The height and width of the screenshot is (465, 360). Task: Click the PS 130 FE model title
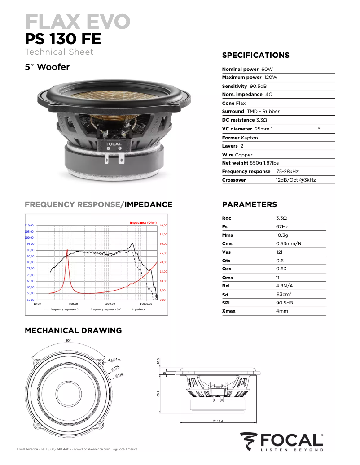[63, 39]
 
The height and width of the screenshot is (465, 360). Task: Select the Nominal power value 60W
[267, 69]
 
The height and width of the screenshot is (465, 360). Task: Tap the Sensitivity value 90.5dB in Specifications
[258, 86]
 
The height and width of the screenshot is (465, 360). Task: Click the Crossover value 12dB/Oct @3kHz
[295, 180]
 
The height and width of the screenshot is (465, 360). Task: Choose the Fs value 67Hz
[282, 226]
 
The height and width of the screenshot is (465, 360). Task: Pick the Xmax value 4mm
[282, 311]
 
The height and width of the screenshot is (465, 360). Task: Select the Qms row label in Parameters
[228, 277]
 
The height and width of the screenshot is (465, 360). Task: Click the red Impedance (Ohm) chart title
[143, 222]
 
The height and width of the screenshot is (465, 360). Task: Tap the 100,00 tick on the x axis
[74, 304]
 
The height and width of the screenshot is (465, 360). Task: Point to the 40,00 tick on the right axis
[163, 226]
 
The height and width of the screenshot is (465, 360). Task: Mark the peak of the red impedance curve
[67, 250]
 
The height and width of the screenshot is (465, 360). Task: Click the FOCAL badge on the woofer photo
[114, 145]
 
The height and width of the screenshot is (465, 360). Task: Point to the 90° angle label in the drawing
[68, 341]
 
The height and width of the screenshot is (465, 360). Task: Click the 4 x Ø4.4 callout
[113, 359]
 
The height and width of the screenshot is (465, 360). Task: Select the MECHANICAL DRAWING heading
[73, 330]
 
